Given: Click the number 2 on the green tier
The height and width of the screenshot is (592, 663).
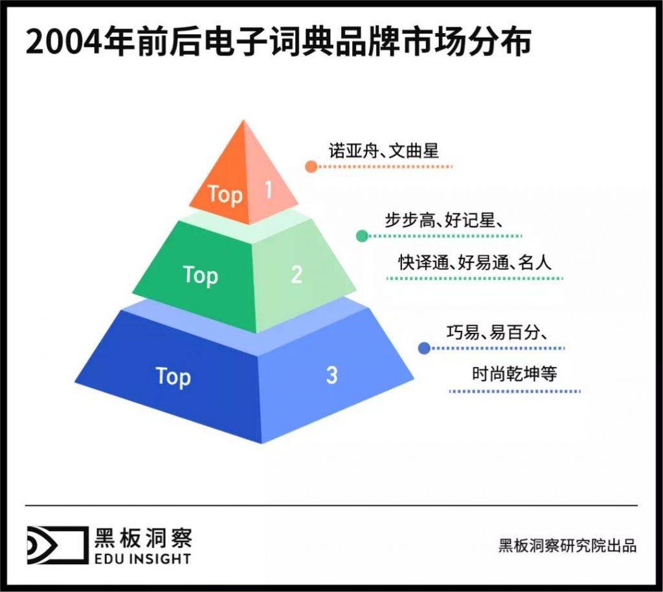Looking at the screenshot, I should point(296,274).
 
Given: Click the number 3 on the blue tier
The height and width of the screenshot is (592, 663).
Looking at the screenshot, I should point(331,375).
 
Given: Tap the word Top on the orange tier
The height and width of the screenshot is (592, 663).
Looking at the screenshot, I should point(225,194).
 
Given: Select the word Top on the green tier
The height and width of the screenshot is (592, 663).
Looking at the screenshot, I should point(201,275).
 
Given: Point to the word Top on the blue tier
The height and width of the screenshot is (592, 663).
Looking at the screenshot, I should point(173,376).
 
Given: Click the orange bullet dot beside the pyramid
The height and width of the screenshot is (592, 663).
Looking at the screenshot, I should point(311,167).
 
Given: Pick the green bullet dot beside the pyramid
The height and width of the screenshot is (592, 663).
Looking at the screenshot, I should point(362,236).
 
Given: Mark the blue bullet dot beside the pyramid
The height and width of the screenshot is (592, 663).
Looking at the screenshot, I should point(424,348).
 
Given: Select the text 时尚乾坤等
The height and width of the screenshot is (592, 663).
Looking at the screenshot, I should point(514,374).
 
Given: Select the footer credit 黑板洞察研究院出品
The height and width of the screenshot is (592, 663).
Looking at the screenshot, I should point(567,546).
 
